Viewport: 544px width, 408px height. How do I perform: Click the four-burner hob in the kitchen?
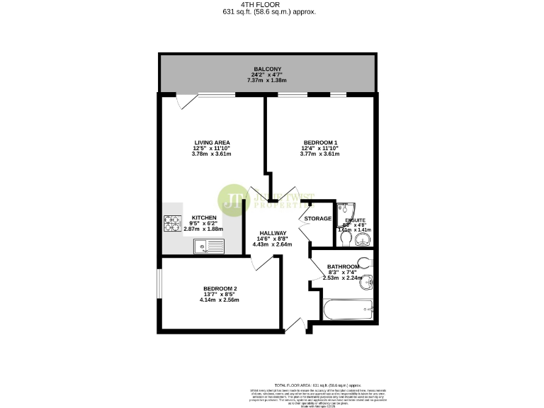click(174, 224)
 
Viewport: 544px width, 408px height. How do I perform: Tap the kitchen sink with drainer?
click(210, 247)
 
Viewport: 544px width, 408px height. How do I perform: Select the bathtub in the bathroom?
click(347, 311)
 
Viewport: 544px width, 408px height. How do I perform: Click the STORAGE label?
click(318, 219)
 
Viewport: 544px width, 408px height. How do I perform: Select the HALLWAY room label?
click(273, 234)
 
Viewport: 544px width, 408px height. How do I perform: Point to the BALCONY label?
click(267, 69)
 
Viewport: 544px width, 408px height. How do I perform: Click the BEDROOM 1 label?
click(319, 142)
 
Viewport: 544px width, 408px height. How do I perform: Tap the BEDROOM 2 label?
click(220, 288)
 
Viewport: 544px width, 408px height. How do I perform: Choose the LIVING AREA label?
click(212, 142)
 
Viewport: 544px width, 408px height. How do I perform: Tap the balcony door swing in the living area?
click(186, 102)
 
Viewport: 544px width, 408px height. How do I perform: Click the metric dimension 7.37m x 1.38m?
click(267, 80)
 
